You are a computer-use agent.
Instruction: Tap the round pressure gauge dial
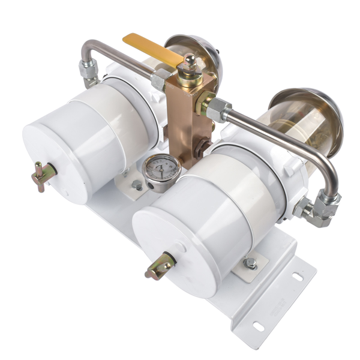click(160, 169)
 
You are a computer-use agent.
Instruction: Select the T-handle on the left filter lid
click(44, 175)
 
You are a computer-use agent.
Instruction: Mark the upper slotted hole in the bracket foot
click(297, 277)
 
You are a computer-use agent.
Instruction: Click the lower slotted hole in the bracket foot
click(259, 326)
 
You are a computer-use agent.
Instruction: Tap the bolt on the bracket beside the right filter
click(251, 263)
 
